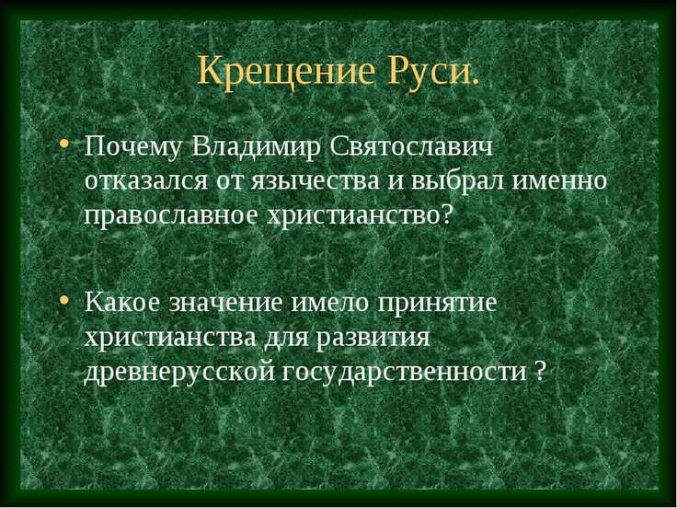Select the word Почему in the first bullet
[133, 146]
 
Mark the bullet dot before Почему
[63, 146]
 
